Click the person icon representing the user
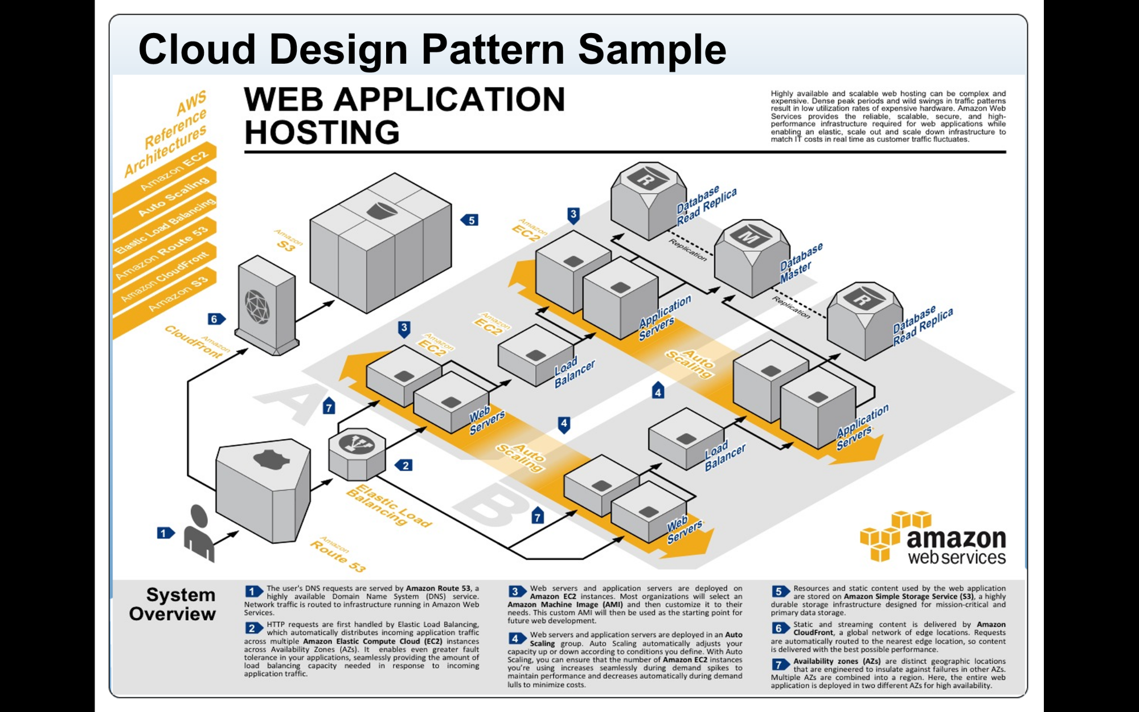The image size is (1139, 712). tap(199, 534)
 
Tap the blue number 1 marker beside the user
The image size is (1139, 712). tap(165, 533)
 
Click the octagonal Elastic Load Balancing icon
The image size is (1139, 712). tap(358, 454)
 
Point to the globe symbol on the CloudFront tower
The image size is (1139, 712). tap(257, 306)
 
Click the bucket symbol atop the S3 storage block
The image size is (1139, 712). tap(382, 211)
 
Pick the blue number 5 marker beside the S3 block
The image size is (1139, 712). tap(470, 220)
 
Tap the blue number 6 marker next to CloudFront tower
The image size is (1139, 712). tap(215, 319)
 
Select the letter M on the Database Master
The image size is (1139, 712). tap(748, 236)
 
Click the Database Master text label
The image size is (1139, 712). tap(800, 263)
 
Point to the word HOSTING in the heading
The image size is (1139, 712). tap(322, 132)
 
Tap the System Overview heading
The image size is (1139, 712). tap(172, 604)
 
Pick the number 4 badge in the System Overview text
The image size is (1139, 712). tap(516, 639)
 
